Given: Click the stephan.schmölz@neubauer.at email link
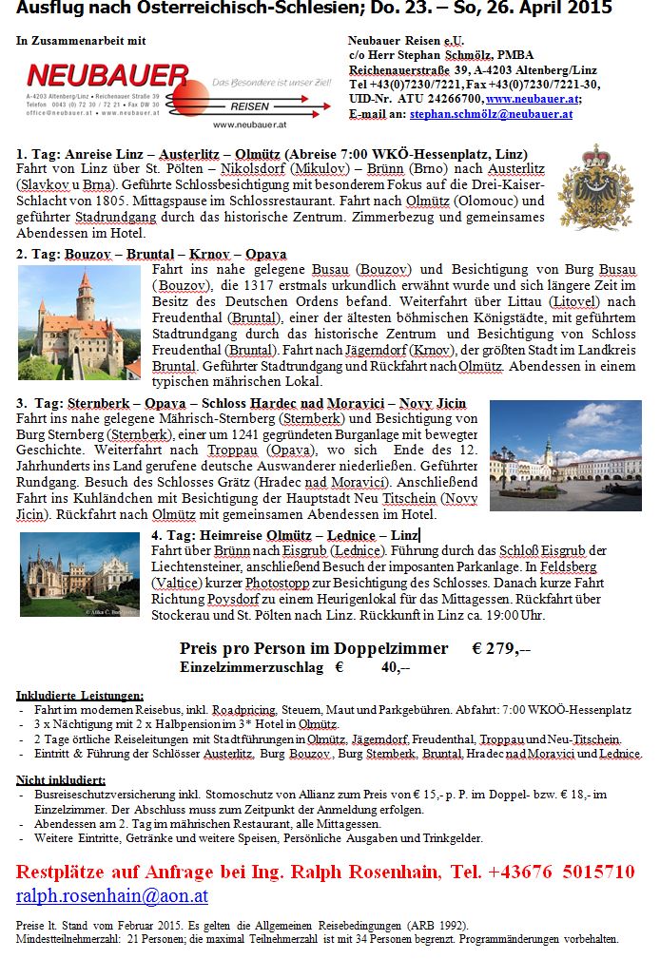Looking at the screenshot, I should tap(491, 113).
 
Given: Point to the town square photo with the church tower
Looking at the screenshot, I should tap(565, 454).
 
